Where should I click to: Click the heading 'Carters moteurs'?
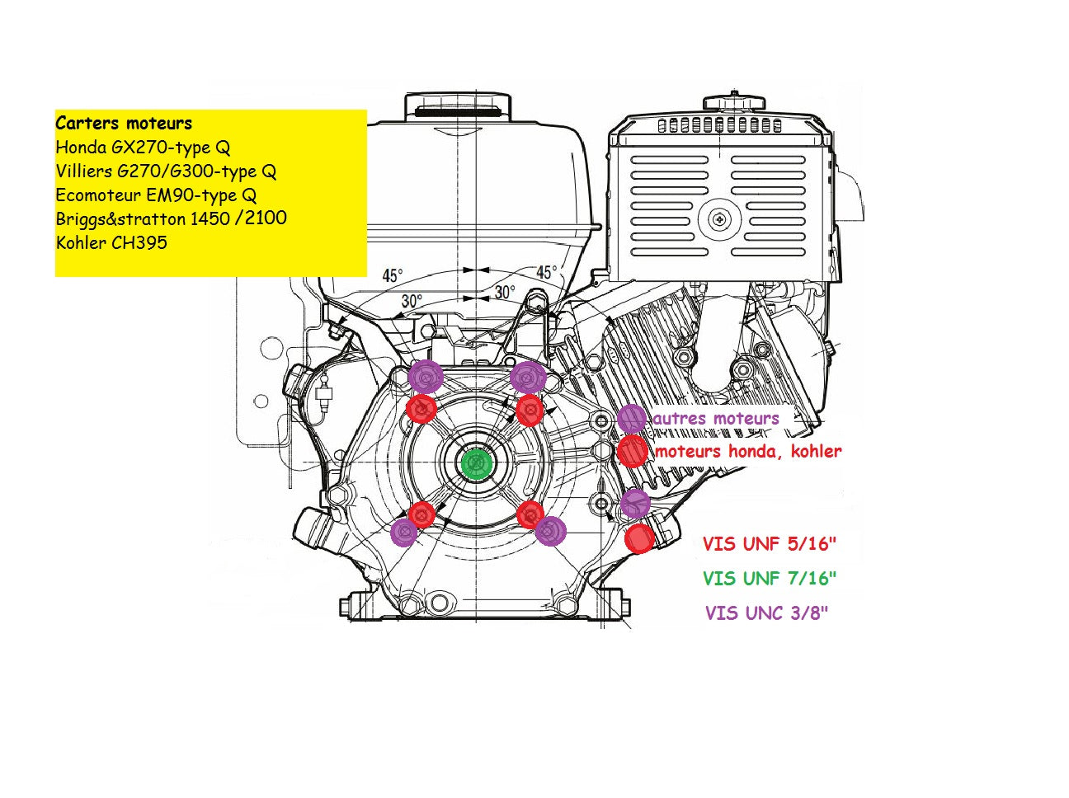click(124, 124)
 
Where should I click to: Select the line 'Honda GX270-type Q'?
click(143, 148)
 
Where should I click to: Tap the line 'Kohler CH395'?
click(111, 242)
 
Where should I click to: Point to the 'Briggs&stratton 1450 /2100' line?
click(172, 218)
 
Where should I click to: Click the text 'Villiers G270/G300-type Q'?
click(166, 171)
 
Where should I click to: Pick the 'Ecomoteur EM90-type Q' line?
click(156, 195)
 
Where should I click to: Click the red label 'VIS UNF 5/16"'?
click(770, 544)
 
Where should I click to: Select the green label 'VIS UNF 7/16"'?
click(770, 579)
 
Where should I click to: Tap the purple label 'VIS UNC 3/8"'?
click(766, 613)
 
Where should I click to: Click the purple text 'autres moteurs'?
click(716, 419)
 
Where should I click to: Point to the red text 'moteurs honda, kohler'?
click(748, 452)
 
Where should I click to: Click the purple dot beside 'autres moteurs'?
click(632, 419)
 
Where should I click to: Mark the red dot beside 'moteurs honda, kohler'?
click(633, 452)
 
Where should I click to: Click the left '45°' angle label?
click(393, 275)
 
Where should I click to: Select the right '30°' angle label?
click(505, 292)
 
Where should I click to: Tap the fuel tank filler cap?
click(457, 106)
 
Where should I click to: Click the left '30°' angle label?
click(412, 302)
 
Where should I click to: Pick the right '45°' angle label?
click(546, 272)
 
